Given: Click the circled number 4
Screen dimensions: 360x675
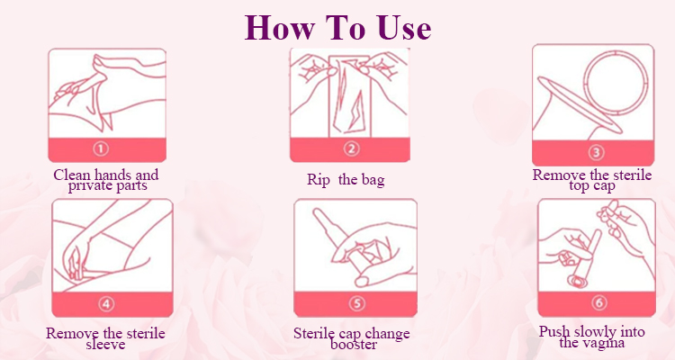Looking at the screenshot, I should (x=106, y=304).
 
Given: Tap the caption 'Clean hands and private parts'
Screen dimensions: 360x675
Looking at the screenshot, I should (x=106, y=180).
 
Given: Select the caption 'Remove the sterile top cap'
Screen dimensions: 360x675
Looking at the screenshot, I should (x=592, y=180).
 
